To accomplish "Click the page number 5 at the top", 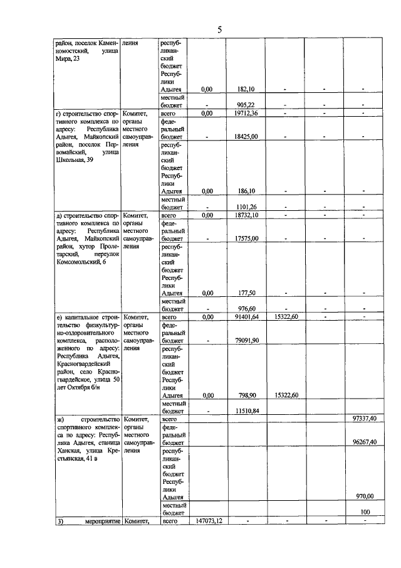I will (219, 29).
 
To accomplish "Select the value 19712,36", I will (245, 113).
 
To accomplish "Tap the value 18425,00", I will (245, 136).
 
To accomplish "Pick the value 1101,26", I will (245, 207).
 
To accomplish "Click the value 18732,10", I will (245, 215).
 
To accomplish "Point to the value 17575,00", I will (245, 238).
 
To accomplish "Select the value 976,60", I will (245, 309).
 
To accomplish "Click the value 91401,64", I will (245, 318).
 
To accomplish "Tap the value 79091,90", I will (245, 340).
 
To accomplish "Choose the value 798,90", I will (245, 395).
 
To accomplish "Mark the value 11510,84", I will (245, 411).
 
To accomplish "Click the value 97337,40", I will (363, 419).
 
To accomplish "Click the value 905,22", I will (245, 105).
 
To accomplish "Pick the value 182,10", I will (245, 90).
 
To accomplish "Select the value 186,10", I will (245, 191).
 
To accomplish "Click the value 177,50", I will (245, 293).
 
